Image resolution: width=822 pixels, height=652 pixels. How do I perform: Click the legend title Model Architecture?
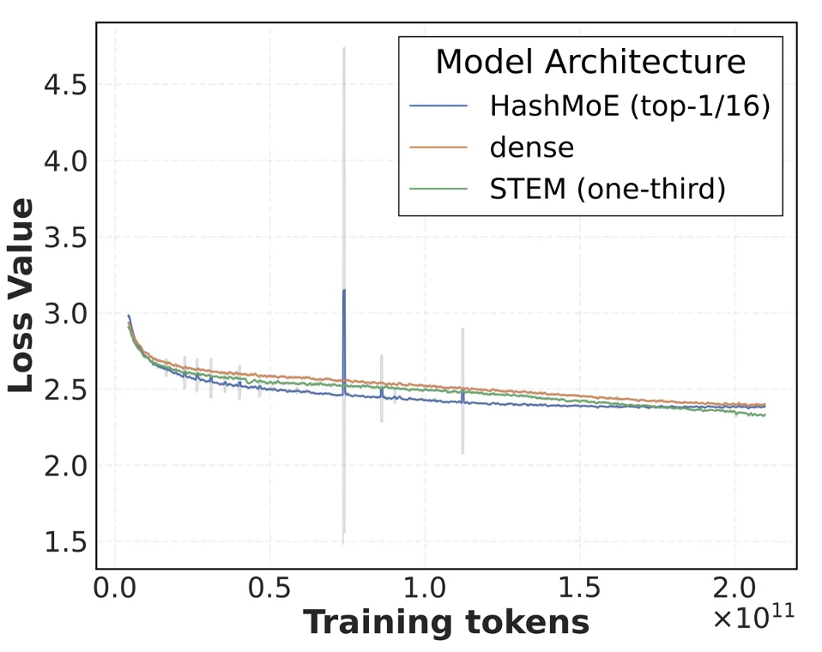(x=590, y=63)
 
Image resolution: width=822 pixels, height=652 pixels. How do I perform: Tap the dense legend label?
(x=532, y=148)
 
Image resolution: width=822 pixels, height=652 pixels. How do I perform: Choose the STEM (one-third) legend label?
(x=607, y=189)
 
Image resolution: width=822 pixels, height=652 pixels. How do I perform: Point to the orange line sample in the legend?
(x=439, y=148)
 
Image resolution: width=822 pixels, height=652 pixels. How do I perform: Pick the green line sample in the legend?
(x=439, y=189)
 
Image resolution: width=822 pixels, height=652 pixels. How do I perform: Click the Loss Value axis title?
(x=22, y=295)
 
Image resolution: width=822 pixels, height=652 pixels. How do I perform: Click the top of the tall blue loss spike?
(x=344, y=291)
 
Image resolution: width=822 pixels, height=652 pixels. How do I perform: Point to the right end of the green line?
(x=765, y=415)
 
